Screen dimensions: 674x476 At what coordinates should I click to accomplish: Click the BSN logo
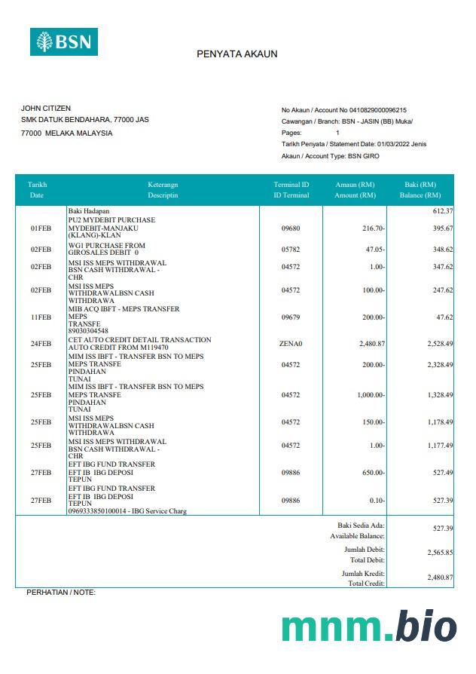(64, 41)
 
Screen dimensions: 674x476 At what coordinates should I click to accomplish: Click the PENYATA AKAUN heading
(237, 54)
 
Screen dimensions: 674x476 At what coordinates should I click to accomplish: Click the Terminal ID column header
(291, 190)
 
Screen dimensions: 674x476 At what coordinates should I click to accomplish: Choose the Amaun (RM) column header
(355, 190)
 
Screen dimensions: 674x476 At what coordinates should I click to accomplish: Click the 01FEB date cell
(41, 228)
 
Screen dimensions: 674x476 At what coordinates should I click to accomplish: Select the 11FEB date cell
(41, 318)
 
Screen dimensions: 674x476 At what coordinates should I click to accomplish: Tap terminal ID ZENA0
(290, 344)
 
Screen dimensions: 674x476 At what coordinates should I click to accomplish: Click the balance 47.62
(444, 318)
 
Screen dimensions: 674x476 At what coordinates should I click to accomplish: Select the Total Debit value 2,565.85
(439, 553)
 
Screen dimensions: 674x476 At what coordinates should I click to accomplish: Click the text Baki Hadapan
(89, 211)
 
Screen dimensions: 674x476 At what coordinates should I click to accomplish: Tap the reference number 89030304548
(88, 331)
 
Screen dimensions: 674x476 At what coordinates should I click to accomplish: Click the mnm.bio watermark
(369, 627)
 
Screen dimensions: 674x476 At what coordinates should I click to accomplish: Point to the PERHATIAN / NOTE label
(61, 593)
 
